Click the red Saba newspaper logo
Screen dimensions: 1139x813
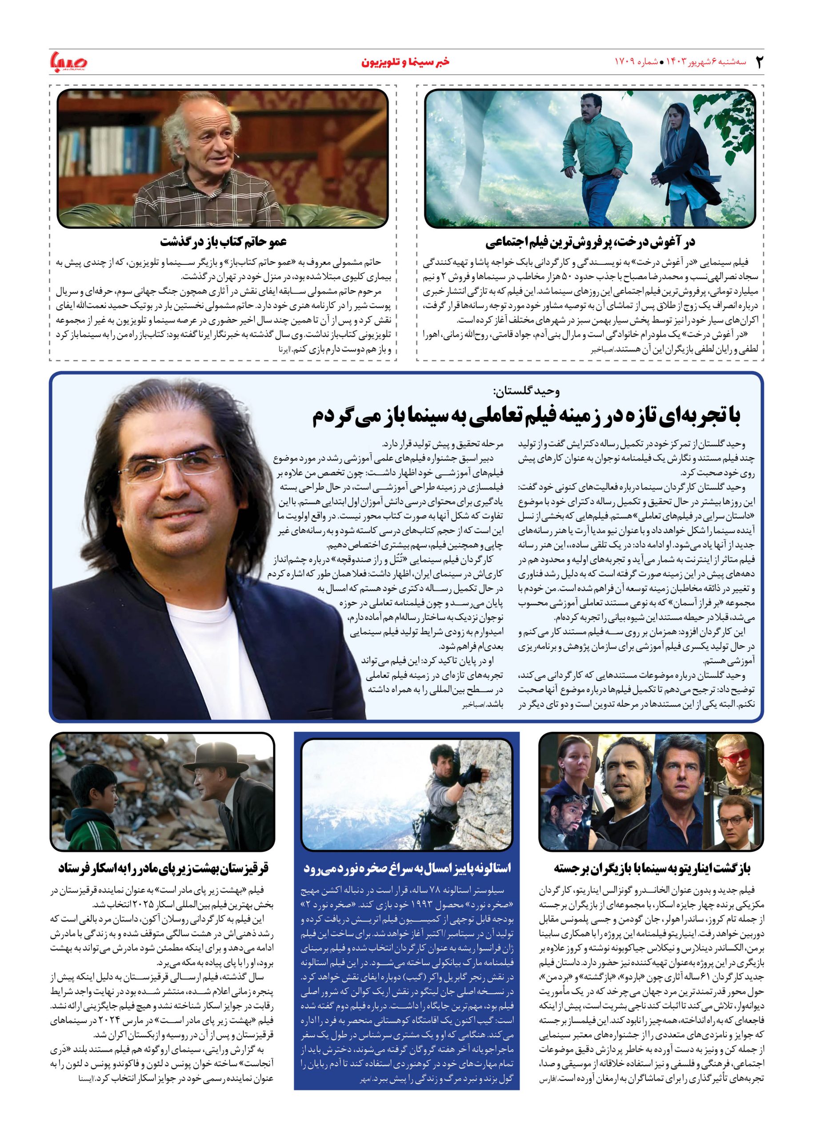pyautogui.click(x=68, y=62)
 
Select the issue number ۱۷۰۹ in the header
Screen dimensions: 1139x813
pyautogui.click(x=624, y=62)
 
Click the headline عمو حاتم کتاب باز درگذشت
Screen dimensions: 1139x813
pyautogui.click(x=223, y=242)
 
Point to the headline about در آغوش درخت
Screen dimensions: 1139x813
pyautogui.click(x=590, y=242)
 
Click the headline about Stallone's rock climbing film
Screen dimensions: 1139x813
pyautogui.click(x=407, y=868)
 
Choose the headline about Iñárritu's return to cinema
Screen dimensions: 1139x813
pyautogui.click(x=652, y=868)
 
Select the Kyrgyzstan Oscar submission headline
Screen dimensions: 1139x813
pyautogui.click(x=163, y=868)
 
